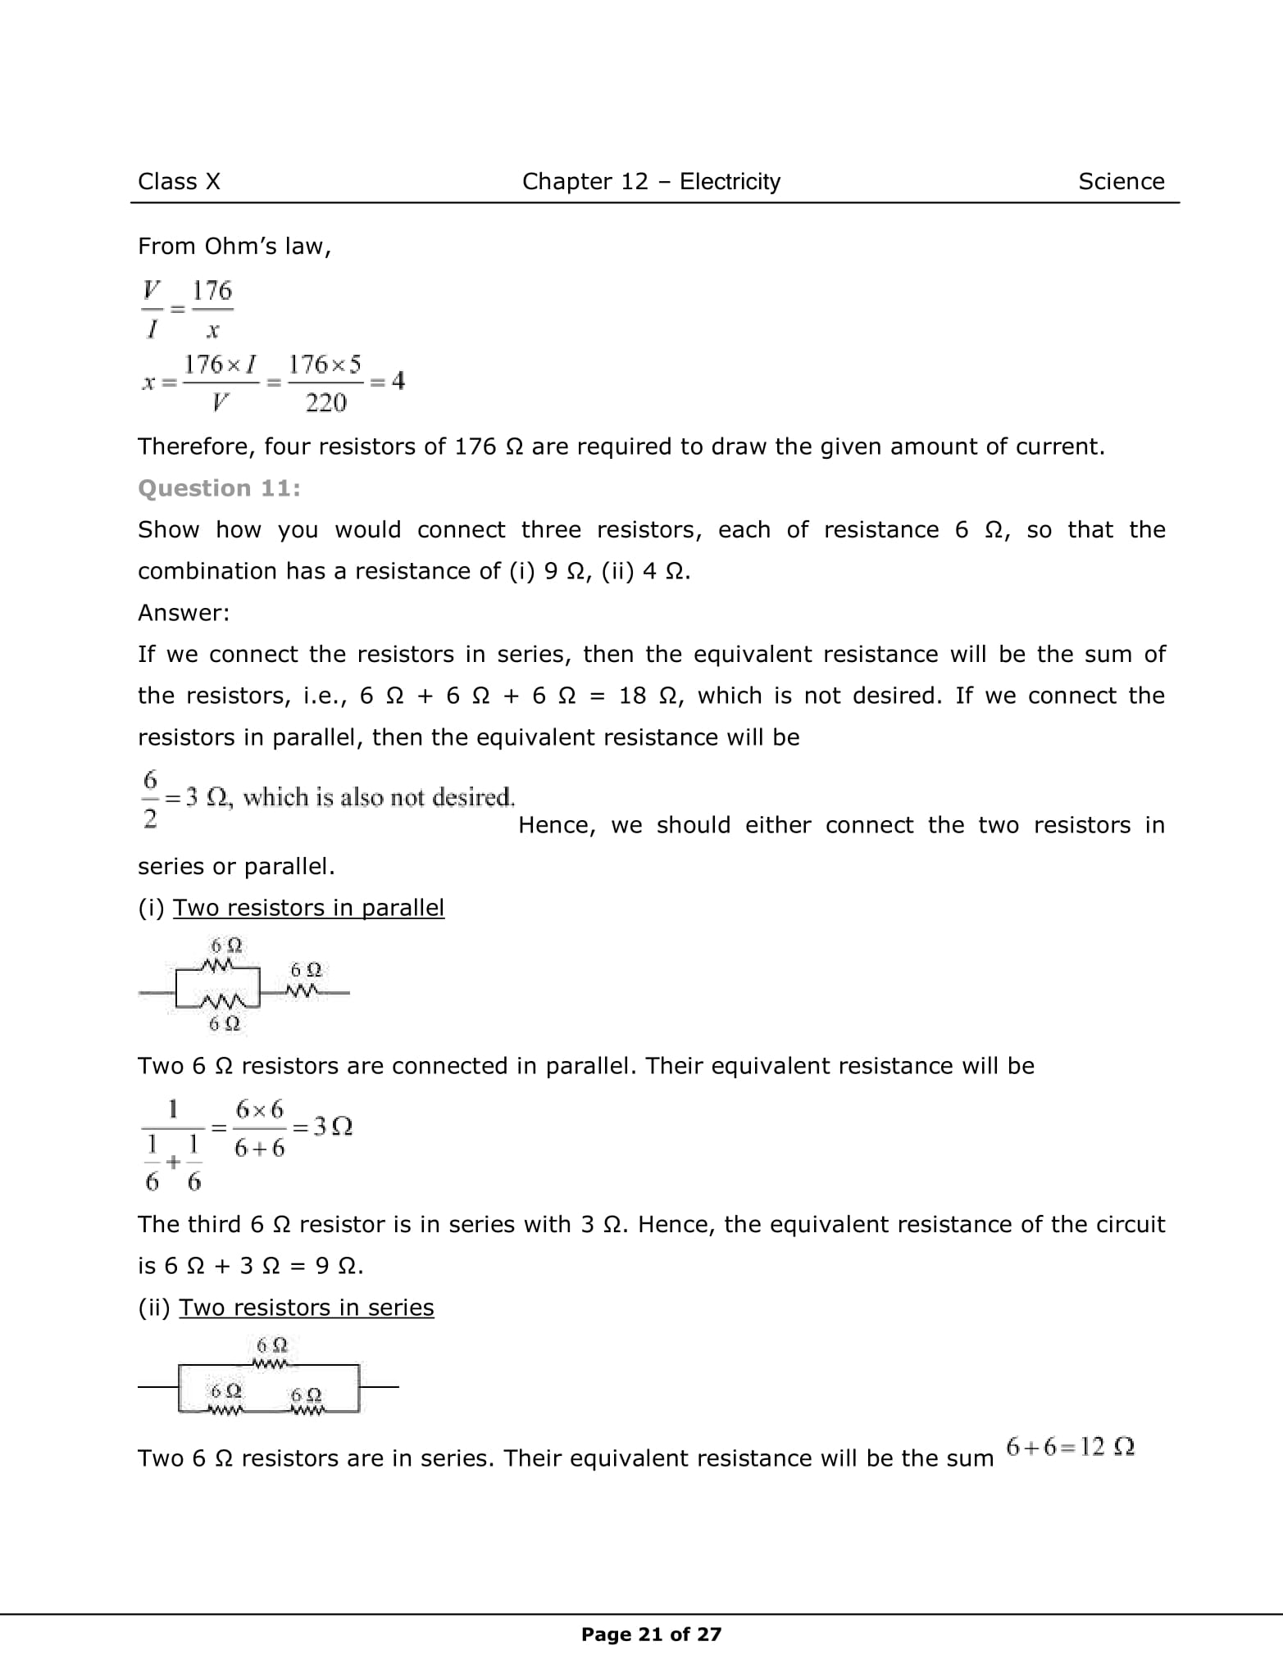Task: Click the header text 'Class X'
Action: click(179, 181)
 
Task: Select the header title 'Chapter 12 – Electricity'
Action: click(651, 181)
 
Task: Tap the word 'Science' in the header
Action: click(1121, 181)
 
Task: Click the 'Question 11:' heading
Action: click(219, 488)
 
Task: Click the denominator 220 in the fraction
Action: click(325, 403)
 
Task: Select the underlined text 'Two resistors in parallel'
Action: click(308, 908)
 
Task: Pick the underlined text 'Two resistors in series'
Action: click(306, 1308)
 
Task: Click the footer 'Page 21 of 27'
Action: click(651, 1635)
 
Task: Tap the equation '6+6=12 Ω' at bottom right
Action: click(1070, 1447)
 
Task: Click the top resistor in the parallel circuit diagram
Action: click(221, 967)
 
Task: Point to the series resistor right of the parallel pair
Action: click(303, 992)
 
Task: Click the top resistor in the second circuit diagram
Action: click(271, 1365)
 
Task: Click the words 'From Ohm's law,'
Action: click(234, 247)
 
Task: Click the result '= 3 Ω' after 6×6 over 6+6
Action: click(322, 1127)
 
